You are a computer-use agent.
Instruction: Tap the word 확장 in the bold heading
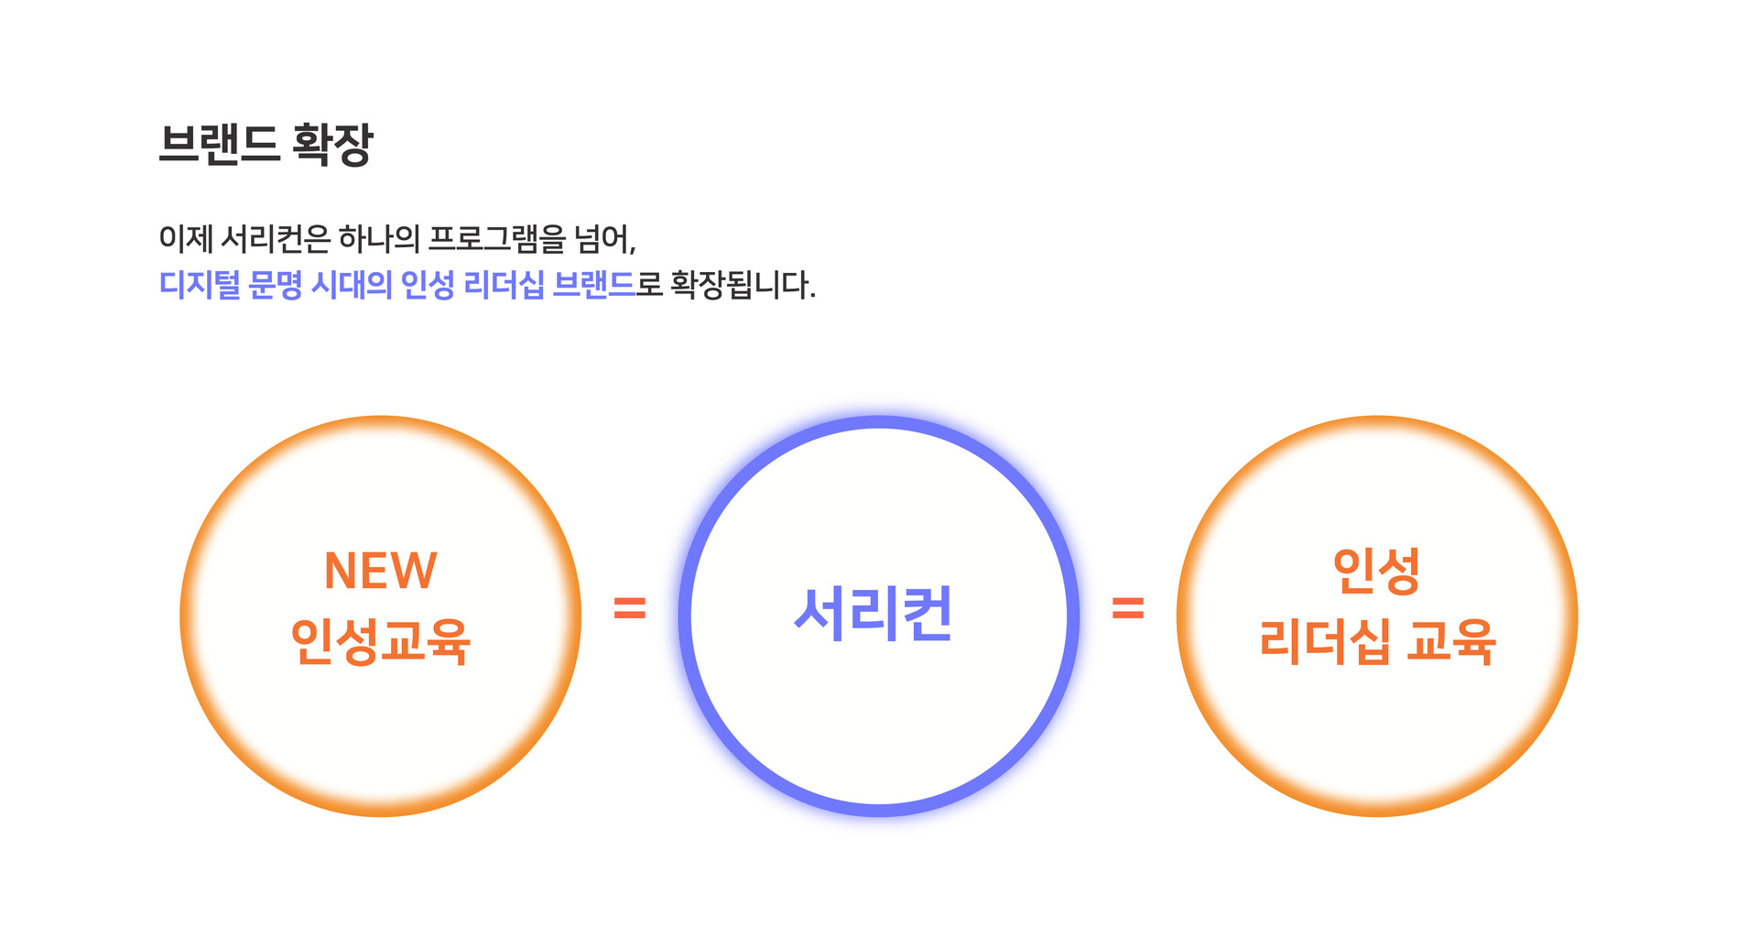click(x=332, y=144)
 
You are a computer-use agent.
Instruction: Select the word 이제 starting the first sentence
click(x=186, y=239)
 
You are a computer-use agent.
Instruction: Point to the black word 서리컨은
click(x=276, y=239)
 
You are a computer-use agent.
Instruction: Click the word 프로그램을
click(x=497, y=239)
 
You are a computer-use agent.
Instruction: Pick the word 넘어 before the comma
click(x=602, y=239)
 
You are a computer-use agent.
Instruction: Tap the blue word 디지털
click(x=200, y=285)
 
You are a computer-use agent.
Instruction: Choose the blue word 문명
click(x=275, y=285)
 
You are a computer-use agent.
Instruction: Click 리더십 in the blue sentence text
click(x=504, y=285)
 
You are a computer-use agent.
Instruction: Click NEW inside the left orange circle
click(x=381, y=571)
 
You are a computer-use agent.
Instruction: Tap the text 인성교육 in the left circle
click(x=381, y=641)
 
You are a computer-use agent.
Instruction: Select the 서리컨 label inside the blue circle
click(x=874, y=614)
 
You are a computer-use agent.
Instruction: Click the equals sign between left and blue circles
click(x=630, y=608)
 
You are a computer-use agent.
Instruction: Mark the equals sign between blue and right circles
click(x=1128, y=608)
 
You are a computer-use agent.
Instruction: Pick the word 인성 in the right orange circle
click(x=1376, y=571)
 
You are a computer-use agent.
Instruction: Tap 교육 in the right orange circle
click(x=1451, y=641)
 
